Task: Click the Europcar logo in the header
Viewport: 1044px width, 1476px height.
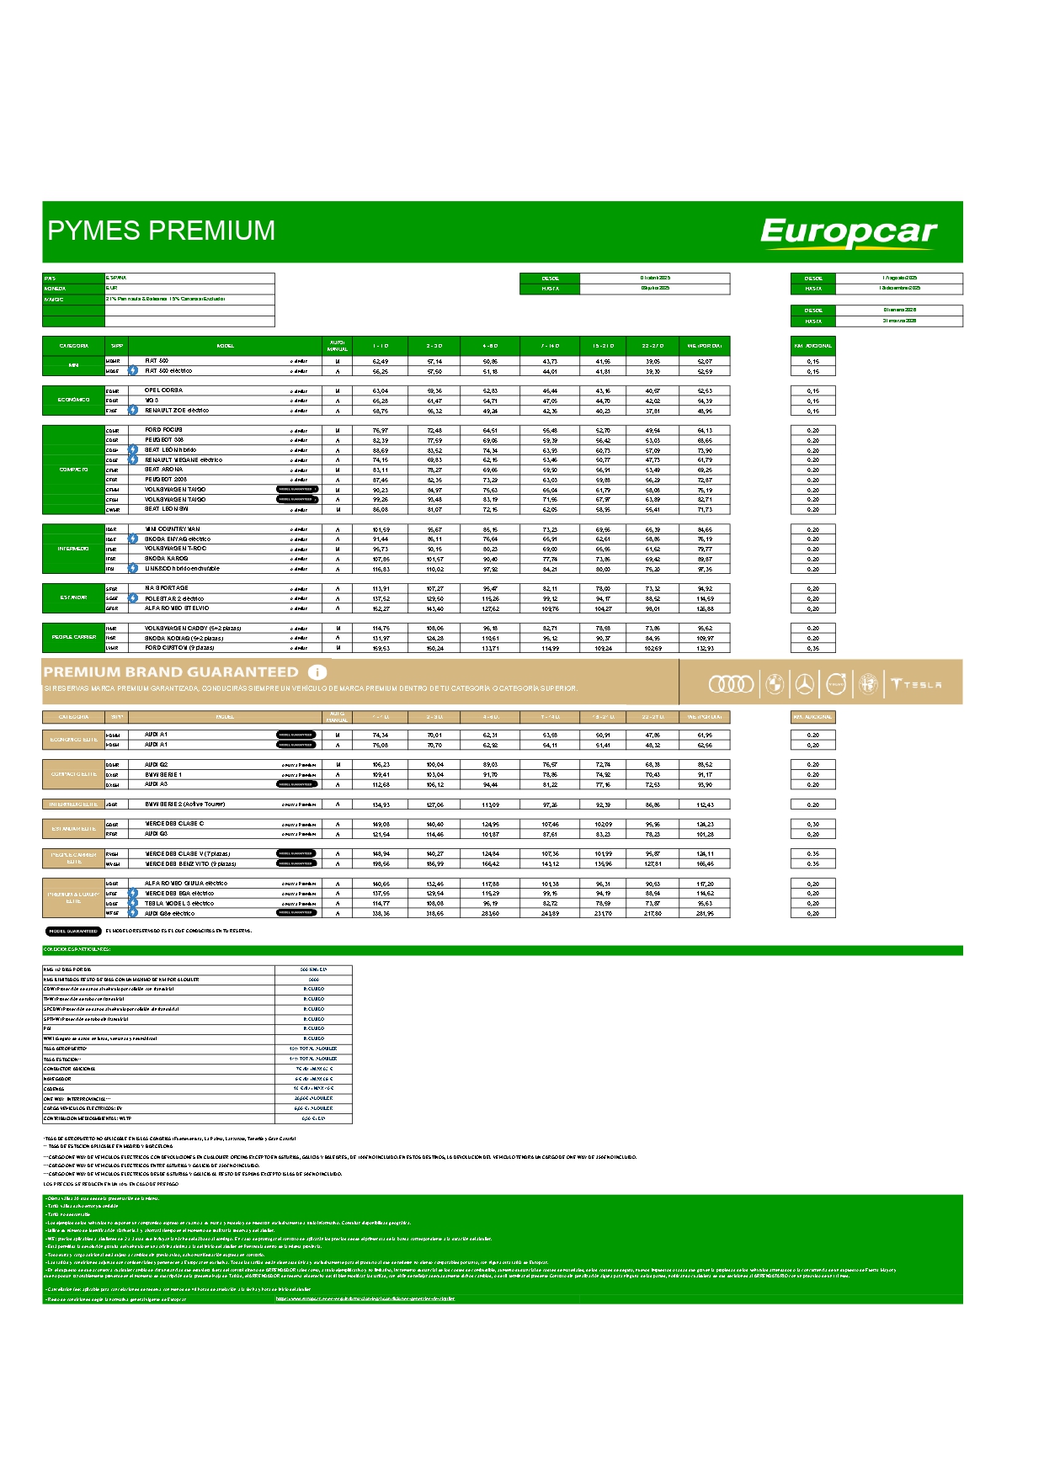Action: click(848, 232)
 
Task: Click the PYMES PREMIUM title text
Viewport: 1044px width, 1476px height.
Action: click(162, 231)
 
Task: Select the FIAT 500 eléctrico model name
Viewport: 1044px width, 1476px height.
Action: click(168, 371)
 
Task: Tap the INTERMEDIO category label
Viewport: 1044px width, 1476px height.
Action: click(73, 549)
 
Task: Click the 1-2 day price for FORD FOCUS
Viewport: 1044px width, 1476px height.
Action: click(381, 430)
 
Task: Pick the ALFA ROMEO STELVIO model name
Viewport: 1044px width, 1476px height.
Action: click(177, 608)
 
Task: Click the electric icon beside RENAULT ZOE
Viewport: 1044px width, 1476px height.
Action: click(133, 411)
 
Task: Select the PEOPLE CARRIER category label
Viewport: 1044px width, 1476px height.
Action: click(73, 637)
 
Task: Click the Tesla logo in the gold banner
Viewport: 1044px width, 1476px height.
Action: click(917, 685)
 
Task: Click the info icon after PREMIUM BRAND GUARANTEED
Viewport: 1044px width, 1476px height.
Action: click(317, 672)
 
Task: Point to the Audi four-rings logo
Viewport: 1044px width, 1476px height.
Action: click(731, 685)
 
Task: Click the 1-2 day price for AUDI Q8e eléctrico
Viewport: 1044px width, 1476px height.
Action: click(381, 913)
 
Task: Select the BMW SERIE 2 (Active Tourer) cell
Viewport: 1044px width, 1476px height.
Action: click(184, 804)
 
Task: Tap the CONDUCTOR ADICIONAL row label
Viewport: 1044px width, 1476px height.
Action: click(70, 1069)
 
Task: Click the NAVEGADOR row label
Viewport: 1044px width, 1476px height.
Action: click(58, 1079)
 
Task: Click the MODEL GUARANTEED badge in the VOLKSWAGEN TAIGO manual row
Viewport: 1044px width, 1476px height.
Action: click(296, 489)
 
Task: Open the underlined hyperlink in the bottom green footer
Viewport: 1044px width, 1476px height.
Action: click(365, 1298)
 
